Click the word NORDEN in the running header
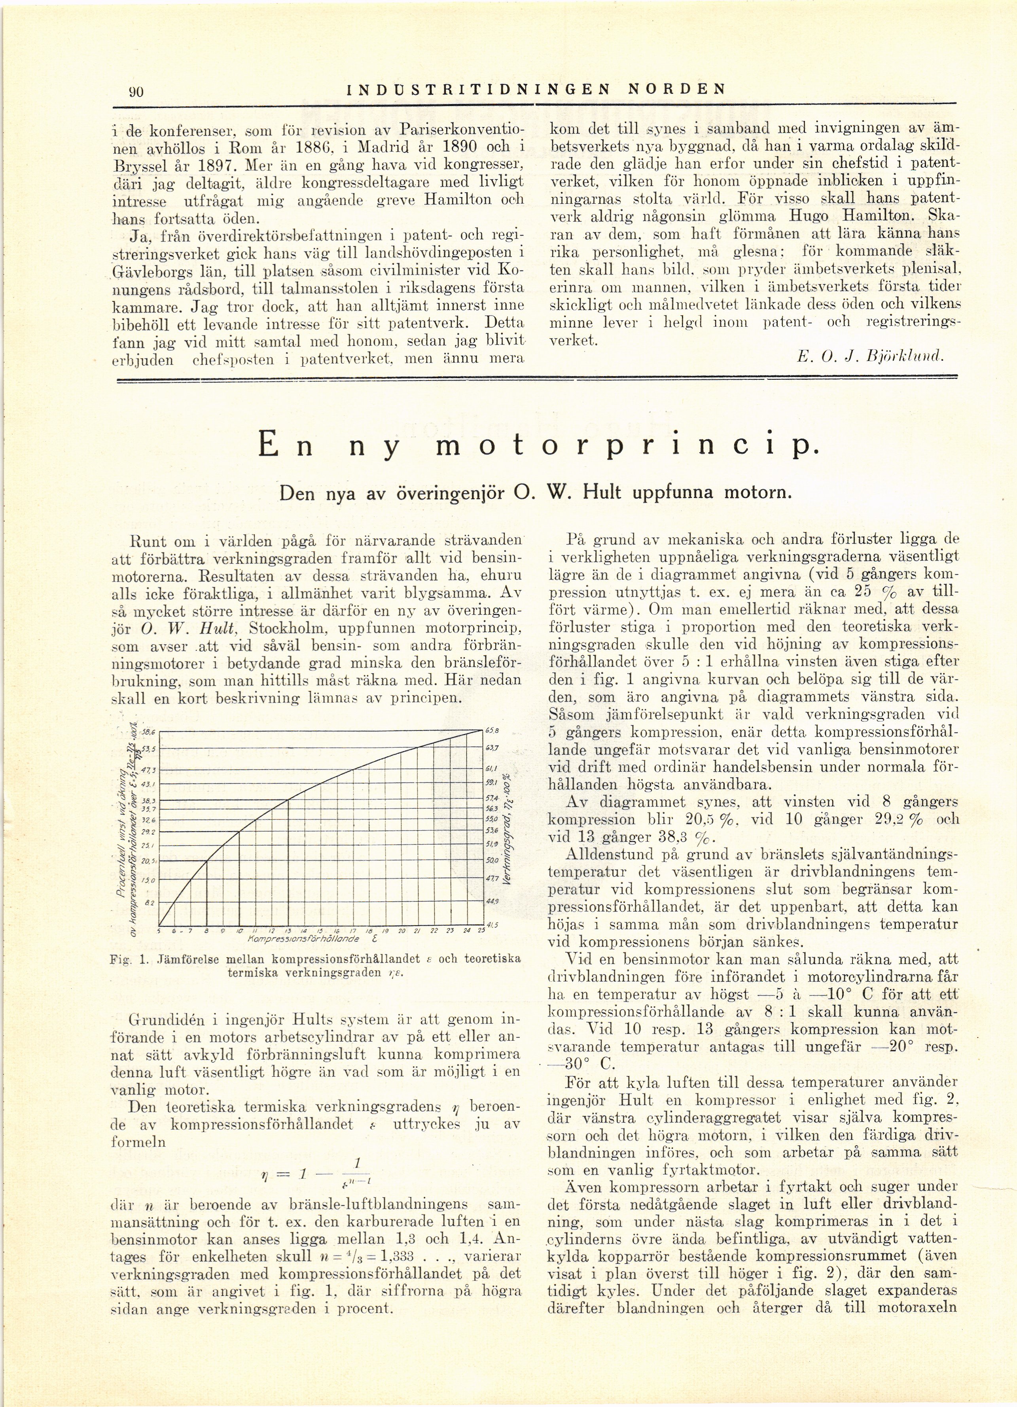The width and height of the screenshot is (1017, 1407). (x=677, y=88)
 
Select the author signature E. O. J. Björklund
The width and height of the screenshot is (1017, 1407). (x=870, y=357)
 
